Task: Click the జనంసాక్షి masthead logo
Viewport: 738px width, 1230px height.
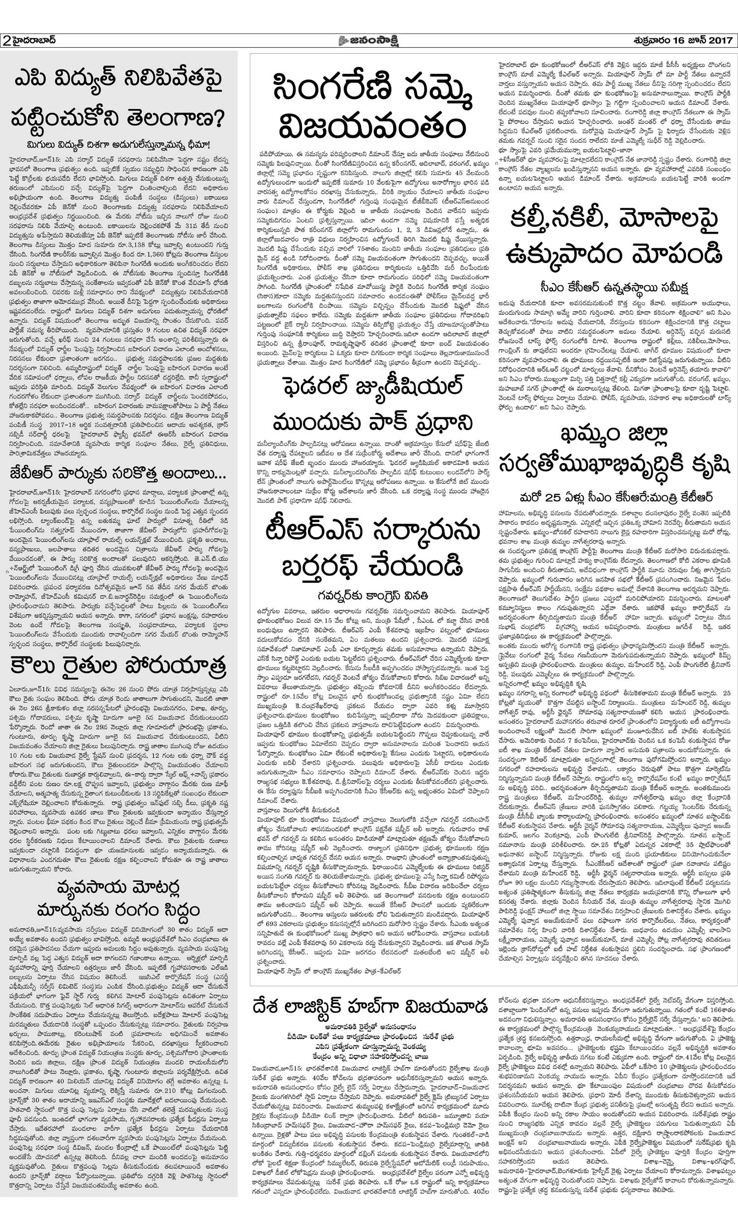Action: click(x=368, y=40)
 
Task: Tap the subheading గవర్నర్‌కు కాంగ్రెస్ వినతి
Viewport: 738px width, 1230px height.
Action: click(x=374, y=595)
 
